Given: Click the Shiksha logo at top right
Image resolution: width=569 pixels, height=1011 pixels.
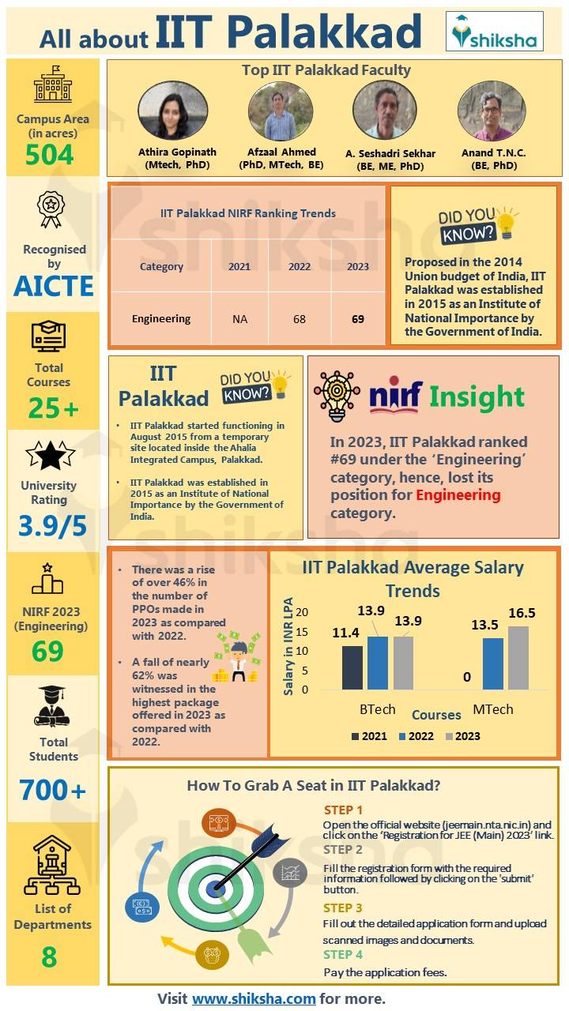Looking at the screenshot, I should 494,32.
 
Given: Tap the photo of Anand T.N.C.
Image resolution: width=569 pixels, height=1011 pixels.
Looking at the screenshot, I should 492,111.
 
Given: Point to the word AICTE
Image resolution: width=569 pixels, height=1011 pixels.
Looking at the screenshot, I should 53,286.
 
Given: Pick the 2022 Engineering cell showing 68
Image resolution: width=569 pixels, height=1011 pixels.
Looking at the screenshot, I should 300,319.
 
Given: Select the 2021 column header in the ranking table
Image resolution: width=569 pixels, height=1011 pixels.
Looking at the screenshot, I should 239,267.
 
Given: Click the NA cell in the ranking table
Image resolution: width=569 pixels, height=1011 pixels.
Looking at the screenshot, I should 239,319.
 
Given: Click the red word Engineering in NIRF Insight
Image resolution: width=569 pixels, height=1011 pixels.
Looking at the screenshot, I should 458,495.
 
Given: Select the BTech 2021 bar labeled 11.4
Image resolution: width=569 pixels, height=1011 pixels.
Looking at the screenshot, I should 352,667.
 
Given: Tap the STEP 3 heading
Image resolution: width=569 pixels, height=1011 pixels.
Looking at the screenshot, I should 343,908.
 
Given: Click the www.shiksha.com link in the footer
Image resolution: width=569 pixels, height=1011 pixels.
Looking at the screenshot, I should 254,998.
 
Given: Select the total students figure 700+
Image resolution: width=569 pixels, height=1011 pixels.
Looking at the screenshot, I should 53,790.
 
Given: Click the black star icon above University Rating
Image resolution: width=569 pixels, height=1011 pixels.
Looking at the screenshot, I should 51,456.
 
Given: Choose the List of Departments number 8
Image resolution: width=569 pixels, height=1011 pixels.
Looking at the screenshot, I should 49,957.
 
